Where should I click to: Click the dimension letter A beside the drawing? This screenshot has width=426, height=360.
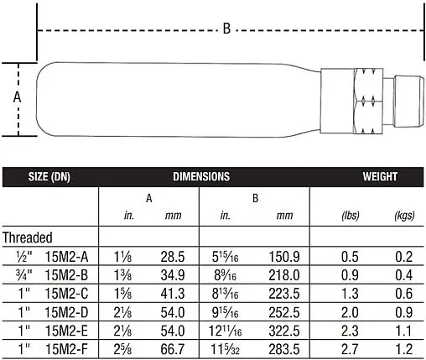tap(18, 97)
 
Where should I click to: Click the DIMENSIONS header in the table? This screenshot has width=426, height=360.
tap(201, 177)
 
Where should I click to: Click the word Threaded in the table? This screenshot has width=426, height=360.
tap(28, 237)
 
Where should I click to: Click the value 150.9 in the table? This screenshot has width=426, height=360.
tap(284, 255)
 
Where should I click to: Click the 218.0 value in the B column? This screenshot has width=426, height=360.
tap(284, 274)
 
